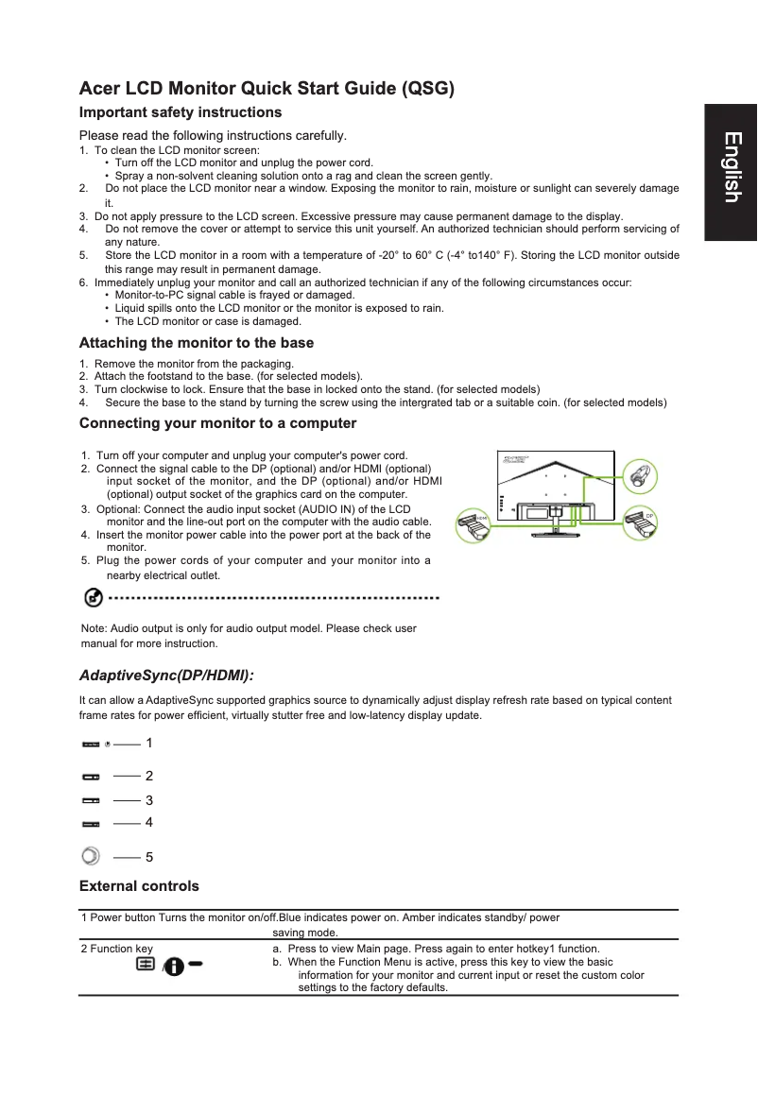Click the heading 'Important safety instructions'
coord(181,112)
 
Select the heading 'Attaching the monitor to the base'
coord(197,343)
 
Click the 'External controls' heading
coord(139,886)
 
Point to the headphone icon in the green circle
coord(640,474)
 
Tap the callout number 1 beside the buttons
coord(148,744)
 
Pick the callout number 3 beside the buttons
coord(148,800)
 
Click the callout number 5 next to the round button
coord(148,858)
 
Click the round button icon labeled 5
coord(90,856)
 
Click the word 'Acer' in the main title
coord(100,90)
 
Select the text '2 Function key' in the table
coord(117,949)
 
